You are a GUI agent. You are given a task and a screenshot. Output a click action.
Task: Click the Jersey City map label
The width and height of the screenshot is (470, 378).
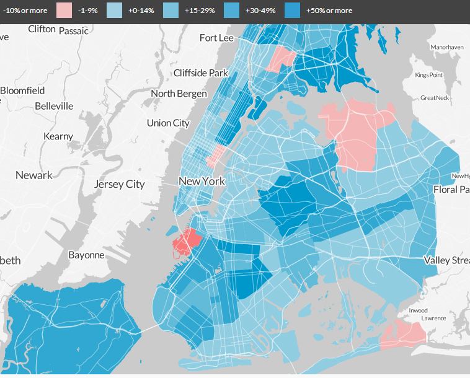pos(119,184)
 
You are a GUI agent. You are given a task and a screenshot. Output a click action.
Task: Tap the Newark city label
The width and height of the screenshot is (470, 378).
pos(34,175)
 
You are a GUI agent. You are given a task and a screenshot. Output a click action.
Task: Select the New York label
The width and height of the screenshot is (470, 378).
pos(202,182)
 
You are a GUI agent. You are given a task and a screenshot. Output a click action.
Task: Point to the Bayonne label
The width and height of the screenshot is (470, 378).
pos(86,255)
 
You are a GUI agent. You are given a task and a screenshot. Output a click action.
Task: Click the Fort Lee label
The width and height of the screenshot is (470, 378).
pos(216,38)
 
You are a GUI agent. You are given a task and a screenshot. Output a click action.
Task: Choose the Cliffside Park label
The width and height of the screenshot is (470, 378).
pos(201,73)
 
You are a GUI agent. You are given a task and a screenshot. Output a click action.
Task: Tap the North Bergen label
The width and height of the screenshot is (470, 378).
pos(179,94)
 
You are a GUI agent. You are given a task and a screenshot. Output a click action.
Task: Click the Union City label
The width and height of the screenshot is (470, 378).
pos(168,123)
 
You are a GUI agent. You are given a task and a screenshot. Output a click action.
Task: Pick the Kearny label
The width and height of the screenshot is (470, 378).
pos(58,136)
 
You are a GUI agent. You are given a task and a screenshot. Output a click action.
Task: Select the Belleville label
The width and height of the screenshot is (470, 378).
pos(54,106)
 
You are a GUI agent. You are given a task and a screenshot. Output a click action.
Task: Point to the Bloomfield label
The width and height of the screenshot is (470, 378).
pos(23,90)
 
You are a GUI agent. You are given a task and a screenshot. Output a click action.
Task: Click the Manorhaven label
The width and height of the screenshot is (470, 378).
pos(447,47)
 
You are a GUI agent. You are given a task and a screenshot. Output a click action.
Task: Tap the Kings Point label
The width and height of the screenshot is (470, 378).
pos(429,75)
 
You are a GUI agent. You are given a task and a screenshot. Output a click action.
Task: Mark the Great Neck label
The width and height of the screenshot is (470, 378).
pos(435,98)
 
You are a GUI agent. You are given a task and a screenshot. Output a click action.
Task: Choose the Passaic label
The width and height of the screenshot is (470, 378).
pos(73,30)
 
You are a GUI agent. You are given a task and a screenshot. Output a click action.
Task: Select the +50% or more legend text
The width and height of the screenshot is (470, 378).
pos(329,11)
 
